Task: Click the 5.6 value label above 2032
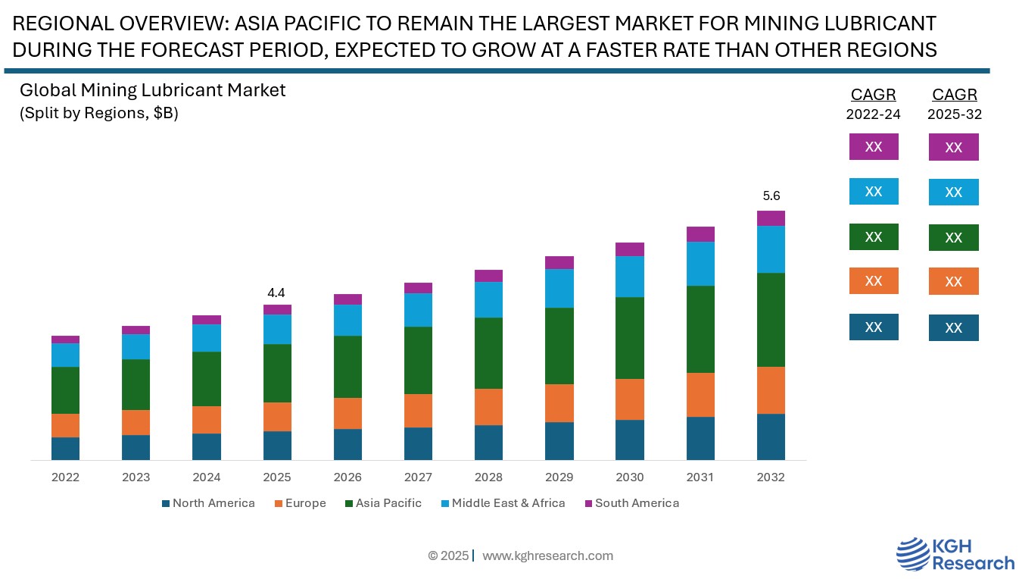click(771, 196)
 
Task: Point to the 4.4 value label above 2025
click(276, 293)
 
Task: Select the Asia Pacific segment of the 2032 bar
click(771, 320)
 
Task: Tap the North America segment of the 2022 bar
click(65, 448)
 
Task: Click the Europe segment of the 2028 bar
click(488, 407)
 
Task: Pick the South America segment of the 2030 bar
click(629, 249)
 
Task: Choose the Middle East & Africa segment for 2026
click(347, 320)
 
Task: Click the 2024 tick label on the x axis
click(206, 477)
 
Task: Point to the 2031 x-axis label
click(700, 477)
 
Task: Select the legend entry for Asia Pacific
click(383, 503)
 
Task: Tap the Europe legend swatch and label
click(300, 503)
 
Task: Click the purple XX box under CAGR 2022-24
click(873, 146)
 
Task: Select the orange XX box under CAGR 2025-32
click(953, 281)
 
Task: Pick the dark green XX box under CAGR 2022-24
click(873, 236)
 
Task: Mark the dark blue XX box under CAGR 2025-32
click(953, 327)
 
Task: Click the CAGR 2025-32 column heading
click(954, 104)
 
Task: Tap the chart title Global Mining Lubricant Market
click(152, 90)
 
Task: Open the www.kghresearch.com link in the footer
click(547, 556)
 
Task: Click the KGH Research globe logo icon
click(913, 555)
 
